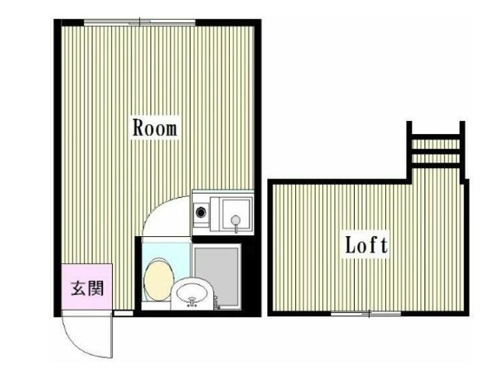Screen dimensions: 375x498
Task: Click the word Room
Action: [x=155, y=128]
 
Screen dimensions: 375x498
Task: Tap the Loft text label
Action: [x=365, y=244]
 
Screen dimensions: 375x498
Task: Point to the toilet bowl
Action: [x=156, y=278]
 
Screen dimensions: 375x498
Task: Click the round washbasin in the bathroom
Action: [x=193, y=292]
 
